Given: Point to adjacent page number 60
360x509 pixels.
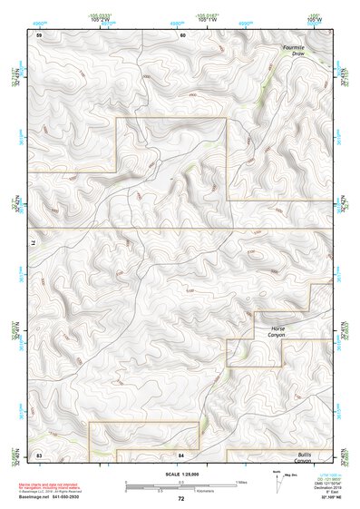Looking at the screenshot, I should [x=182, y=35].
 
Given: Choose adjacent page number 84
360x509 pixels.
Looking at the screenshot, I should [x=181, y=454].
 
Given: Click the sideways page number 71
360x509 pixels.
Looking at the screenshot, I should [x=37, y=244].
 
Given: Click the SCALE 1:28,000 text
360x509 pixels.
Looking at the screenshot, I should [x=180, y=475].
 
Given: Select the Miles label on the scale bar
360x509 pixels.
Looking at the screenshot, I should [x=241, y=482].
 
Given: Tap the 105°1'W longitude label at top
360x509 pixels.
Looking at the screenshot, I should [x=207, y=20].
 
